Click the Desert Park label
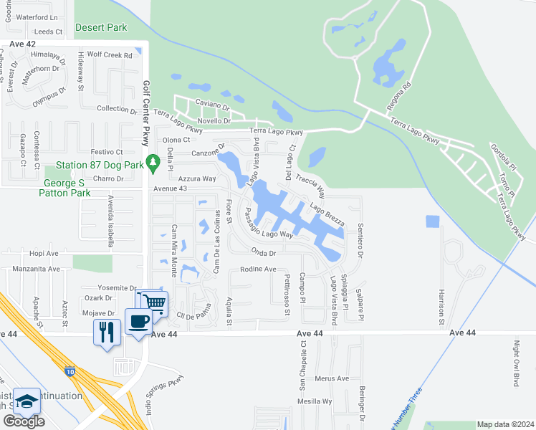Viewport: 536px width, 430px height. (101, 27)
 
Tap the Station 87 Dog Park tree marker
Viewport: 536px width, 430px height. (152, 163)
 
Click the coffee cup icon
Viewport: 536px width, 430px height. (137, 321)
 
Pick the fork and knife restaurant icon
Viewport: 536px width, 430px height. (106, 332)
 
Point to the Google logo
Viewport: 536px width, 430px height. (24, 421)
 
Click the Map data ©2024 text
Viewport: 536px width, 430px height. (505, 424)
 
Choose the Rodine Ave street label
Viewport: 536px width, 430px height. (258, 269)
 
